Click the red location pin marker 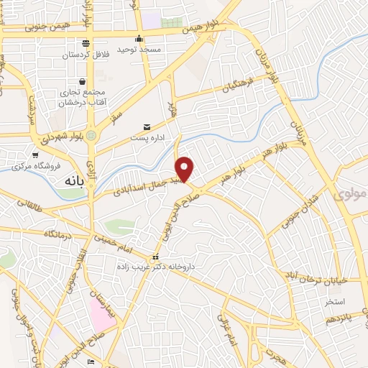click(185, 169)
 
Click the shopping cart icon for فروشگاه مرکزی click(34, 155)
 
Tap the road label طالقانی click(22, 206)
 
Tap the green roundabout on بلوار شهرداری click(91, 135)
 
